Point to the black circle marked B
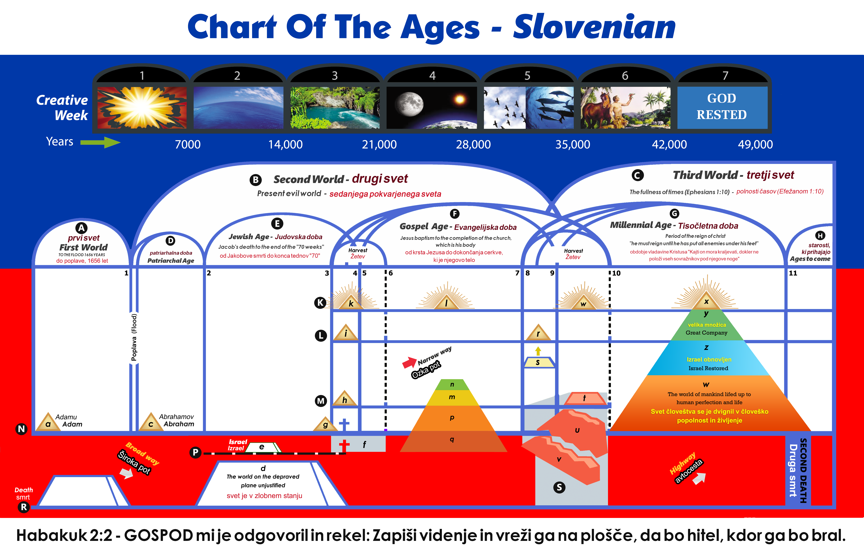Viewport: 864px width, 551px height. click(x=256, y=180)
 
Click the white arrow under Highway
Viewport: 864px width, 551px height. click(x=699, y=478)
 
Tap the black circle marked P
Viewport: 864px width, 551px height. click(x=195, y=452)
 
